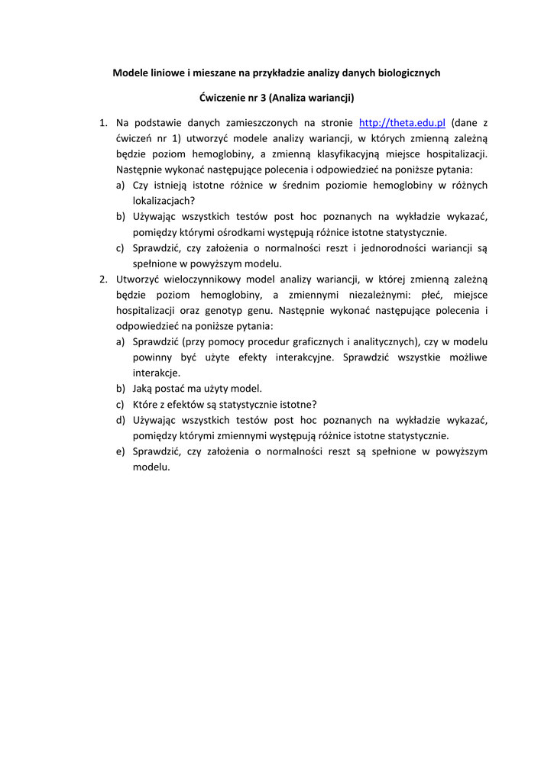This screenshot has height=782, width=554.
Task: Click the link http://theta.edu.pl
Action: pyautogui.click(x=402, y=123)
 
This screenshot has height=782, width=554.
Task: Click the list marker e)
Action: pyautogui.click(x=120, y=451)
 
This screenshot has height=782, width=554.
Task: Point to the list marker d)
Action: pyautogui.click(x=120, y=420)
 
